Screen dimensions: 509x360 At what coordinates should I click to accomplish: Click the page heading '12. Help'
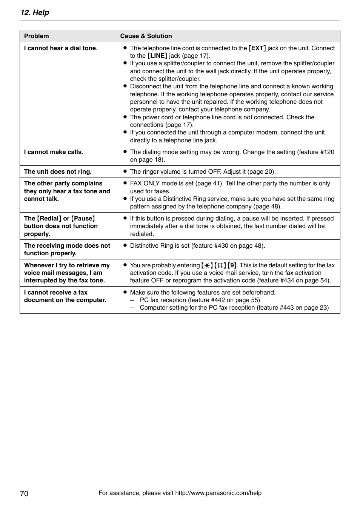[35, 12]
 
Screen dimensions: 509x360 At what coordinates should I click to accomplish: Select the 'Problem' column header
[36, 36]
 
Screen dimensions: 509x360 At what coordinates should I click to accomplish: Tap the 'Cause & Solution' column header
[146, 36]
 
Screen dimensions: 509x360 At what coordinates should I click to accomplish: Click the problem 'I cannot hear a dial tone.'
[61, 48]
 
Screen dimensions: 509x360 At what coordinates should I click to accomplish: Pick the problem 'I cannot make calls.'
[54, 152]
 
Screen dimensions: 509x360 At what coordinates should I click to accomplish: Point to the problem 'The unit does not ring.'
[58, 171]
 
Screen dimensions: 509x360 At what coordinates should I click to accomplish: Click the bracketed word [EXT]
[257, 48]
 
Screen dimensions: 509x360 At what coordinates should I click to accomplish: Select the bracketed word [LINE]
[157, 56]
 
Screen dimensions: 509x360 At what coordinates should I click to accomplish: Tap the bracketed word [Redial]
[49, 218]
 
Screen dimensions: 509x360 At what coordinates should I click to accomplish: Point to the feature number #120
[327, 152]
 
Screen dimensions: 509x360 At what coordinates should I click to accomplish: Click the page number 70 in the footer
[24, 494]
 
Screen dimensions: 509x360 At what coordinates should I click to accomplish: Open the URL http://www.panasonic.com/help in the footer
[218, 493]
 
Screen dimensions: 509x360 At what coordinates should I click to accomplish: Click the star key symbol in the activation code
[207, 265]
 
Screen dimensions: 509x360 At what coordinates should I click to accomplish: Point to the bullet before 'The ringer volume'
[125, 171]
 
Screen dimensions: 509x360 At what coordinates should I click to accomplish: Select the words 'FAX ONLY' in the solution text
[145, 183]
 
